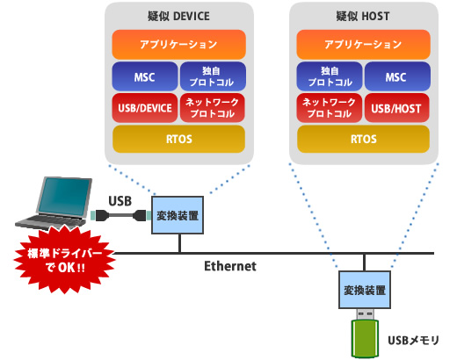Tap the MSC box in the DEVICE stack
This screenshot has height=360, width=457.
pos(144,76)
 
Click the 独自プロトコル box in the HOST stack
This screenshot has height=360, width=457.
pos(329,76)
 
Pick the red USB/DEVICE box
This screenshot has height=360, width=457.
pos(144,108)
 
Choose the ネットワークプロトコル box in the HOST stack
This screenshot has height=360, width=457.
pos(329,108)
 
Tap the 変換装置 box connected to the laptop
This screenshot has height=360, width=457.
pos(177,215)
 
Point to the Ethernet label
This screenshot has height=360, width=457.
pos(229,265)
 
